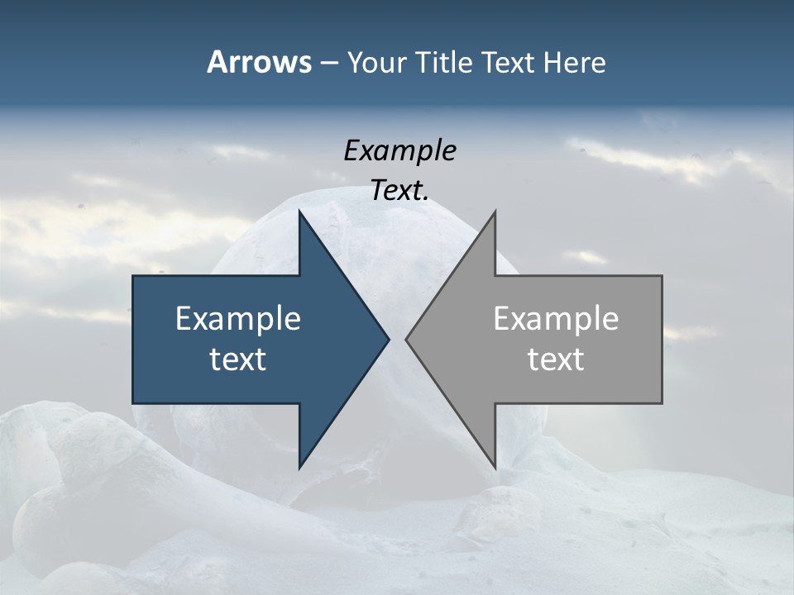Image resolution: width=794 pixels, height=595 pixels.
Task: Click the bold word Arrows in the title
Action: tap(259, 62)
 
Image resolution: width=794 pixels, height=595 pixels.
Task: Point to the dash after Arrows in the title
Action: tap(328, 64)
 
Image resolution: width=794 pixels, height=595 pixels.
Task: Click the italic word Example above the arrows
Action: tap(399, 151)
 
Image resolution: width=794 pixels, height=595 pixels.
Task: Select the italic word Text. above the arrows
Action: tap(399, 191)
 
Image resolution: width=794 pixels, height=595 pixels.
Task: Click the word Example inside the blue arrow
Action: tap(238, 319)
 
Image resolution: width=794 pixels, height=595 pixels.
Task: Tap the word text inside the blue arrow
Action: tap(238, 359)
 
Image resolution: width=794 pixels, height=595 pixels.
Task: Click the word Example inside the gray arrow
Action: tap(556, 319)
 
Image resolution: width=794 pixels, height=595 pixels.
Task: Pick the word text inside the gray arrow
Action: tap(556, 359)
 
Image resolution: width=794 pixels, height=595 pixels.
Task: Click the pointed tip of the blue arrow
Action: tap(388, 339)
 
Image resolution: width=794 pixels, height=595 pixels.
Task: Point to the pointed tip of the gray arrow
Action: tap(407, 339)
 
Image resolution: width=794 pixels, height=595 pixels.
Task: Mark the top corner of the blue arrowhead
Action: tap(299, 212)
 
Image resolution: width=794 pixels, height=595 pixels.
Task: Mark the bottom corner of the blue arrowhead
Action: tap(299, 467)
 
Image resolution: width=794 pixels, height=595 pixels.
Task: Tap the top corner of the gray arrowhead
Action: tap(495, 212)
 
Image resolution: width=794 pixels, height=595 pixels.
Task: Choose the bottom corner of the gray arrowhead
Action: tap(495, 467)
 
